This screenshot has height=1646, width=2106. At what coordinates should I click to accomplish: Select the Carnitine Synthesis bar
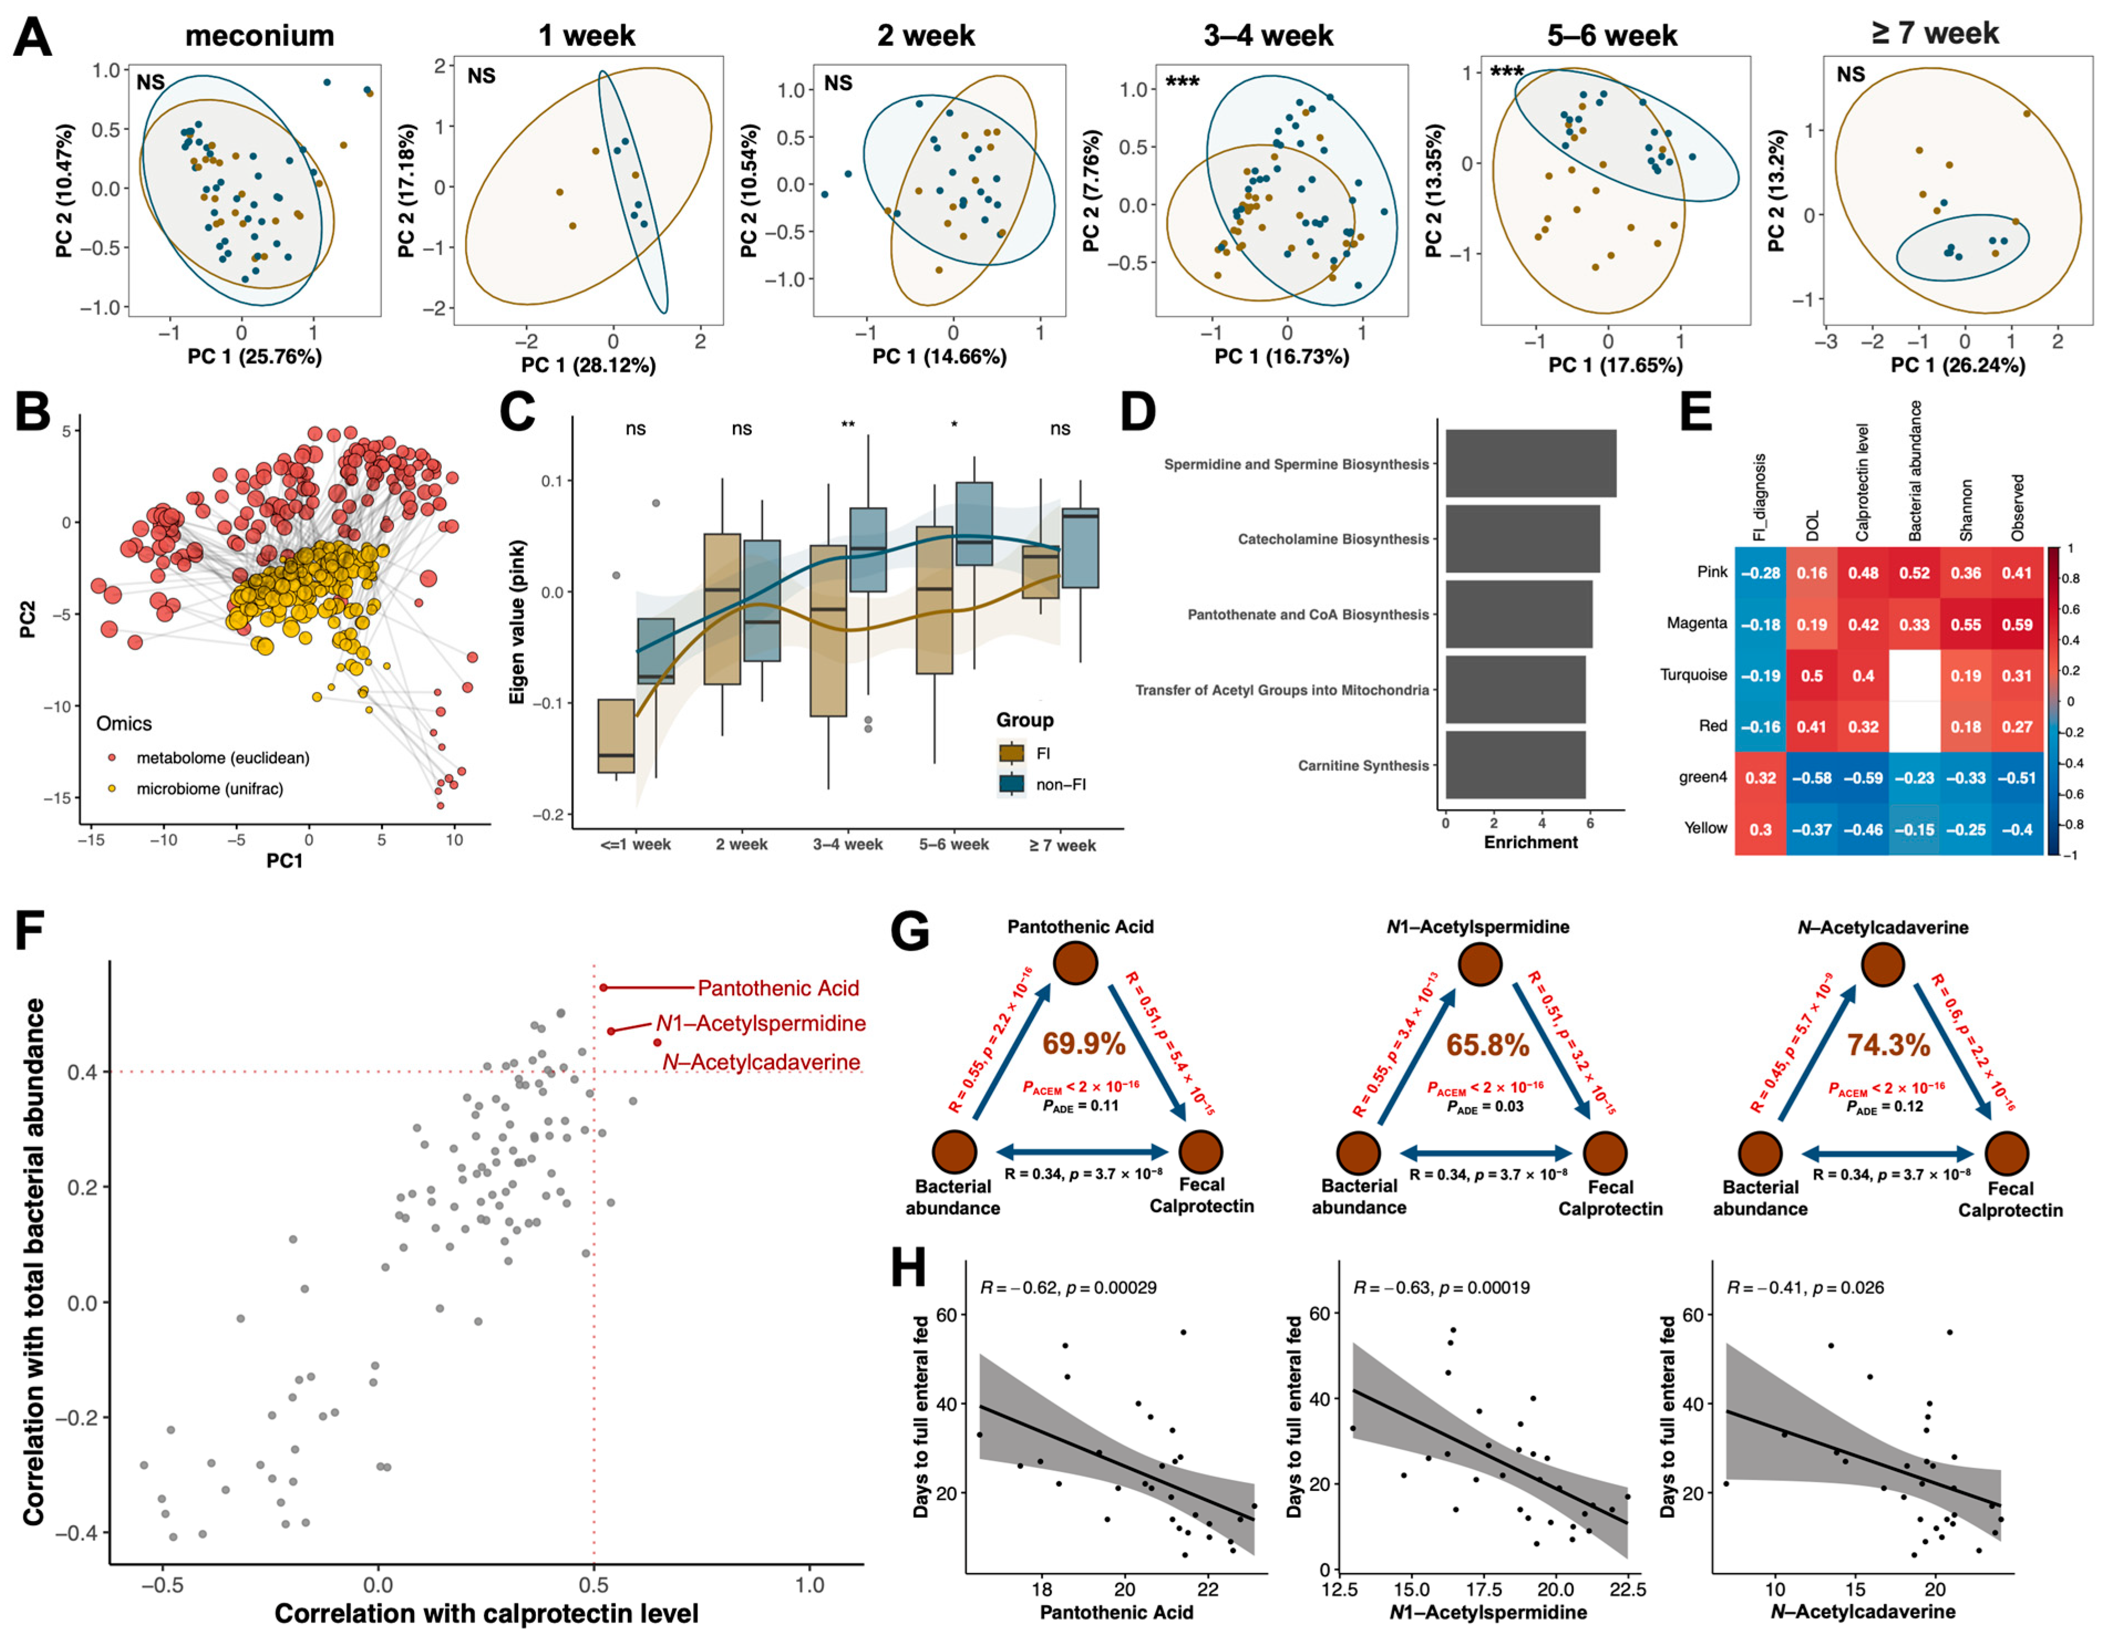(x=1515, y=765)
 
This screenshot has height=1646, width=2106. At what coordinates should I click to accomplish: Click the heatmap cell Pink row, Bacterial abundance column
(x=1914, y=573)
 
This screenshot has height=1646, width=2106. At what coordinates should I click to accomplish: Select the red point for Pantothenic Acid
(x=603, y=987)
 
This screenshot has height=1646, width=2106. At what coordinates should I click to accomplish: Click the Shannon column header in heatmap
(x=1966, y=509)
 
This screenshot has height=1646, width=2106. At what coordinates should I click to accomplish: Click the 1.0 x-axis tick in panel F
(x=809, y=1584)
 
